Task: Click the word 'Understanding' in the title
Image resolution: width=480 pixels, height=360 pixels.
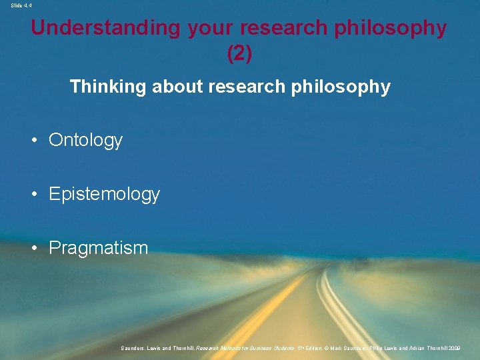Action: click(x=105, y=28)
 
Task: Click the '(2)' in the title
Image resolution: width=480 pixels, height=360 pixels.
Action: click(x=239, y=53)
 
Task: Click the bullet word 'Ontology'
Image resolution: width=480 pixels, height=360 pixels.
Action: click(x=85, y=140)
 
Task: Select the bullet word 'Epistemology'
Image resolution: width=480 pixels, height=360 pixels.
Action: click(x=104, y=194)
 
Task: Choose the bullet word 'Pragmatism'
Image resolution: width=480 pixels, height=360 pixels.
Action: click(x=98, y=248)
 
